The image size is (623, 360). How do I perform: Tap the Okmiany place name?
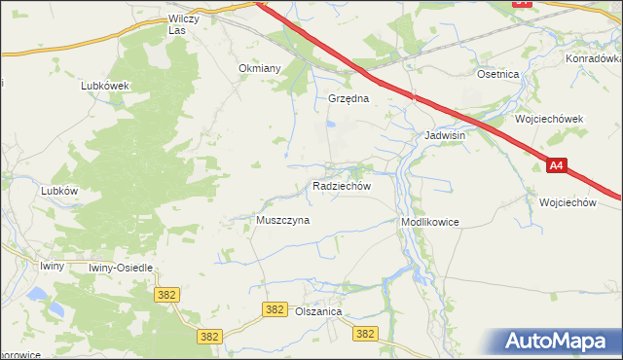coord(260,68)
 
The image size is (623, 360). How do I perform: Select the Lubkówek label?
coord(106,85)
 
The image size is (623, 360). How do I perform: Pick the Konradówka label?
coord(592,58)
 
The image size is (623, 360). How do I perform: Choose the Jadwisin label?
coord(444,135)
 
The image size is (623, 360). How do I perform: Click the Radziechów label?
coord(341,185)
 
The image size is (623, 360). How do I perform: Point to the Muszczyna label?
coord(282,220)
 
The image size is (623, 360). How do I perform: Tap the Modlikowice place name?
coord(429,222)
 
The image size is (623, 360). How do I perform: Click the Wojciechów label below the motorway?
coord(567,202)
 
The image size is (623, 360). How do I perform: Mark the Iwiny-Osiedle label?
coord(121,267)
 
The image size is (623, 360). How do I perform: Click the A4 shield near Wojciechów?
coord(556,166)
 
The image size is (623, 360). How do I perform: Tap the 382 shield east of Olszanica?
coord(365,333)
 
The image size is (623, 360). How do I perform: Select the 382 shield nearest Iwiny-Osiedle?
coord(165,293)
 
